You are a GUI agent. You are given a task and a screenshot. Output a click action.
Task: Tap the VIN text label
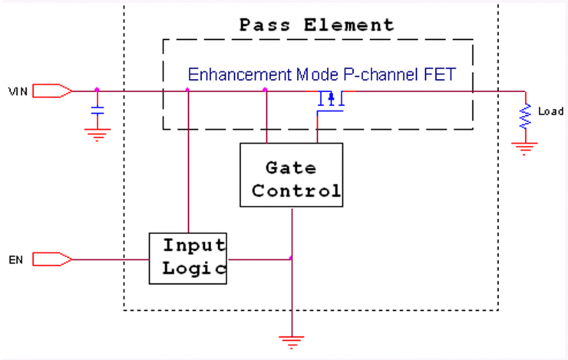pyautogui.click(x=18, y=91)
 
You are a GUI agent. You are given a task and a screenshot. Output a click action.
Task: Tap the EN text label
pyautogui.click(x=15, y=260)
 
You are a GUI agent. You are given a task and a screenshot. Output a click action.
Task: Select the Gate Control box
pyautogui.click(x=291, y=176)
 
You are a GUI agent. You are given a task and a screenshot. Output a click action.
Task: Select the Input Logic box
pyautogui.click(x=189, y=257)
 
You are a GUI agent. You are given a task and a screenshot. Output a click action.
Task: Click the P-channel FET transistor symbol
pyautogui.click(x=331, y=101)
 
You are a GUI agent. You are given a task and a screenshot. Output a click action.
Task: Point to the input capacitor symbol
pyautogui.click(x=97, y=112)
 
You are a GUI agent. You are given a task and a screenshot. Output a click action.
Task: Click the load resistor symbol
pyautogui.click(x=526, y=117)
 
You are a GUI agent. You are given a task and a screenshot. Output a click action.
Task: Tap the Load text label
pyautogui.click(x=550, y=112)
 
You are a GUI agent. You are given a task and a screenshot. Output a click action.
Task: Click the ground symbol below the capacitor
pyautogui.click(x=97, y=135)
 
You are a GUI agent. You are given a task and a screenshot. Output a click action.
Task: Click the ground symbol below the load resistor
pyautogui.click(x=526, y=149)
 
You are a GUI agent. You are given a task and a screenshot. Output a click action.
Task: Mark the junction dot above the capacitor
pyautogui.click(x=97, y=91)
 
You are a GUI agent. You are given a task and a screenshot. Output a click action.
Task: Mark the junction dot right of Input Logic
pyautogui.click(x=291, y=258)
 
